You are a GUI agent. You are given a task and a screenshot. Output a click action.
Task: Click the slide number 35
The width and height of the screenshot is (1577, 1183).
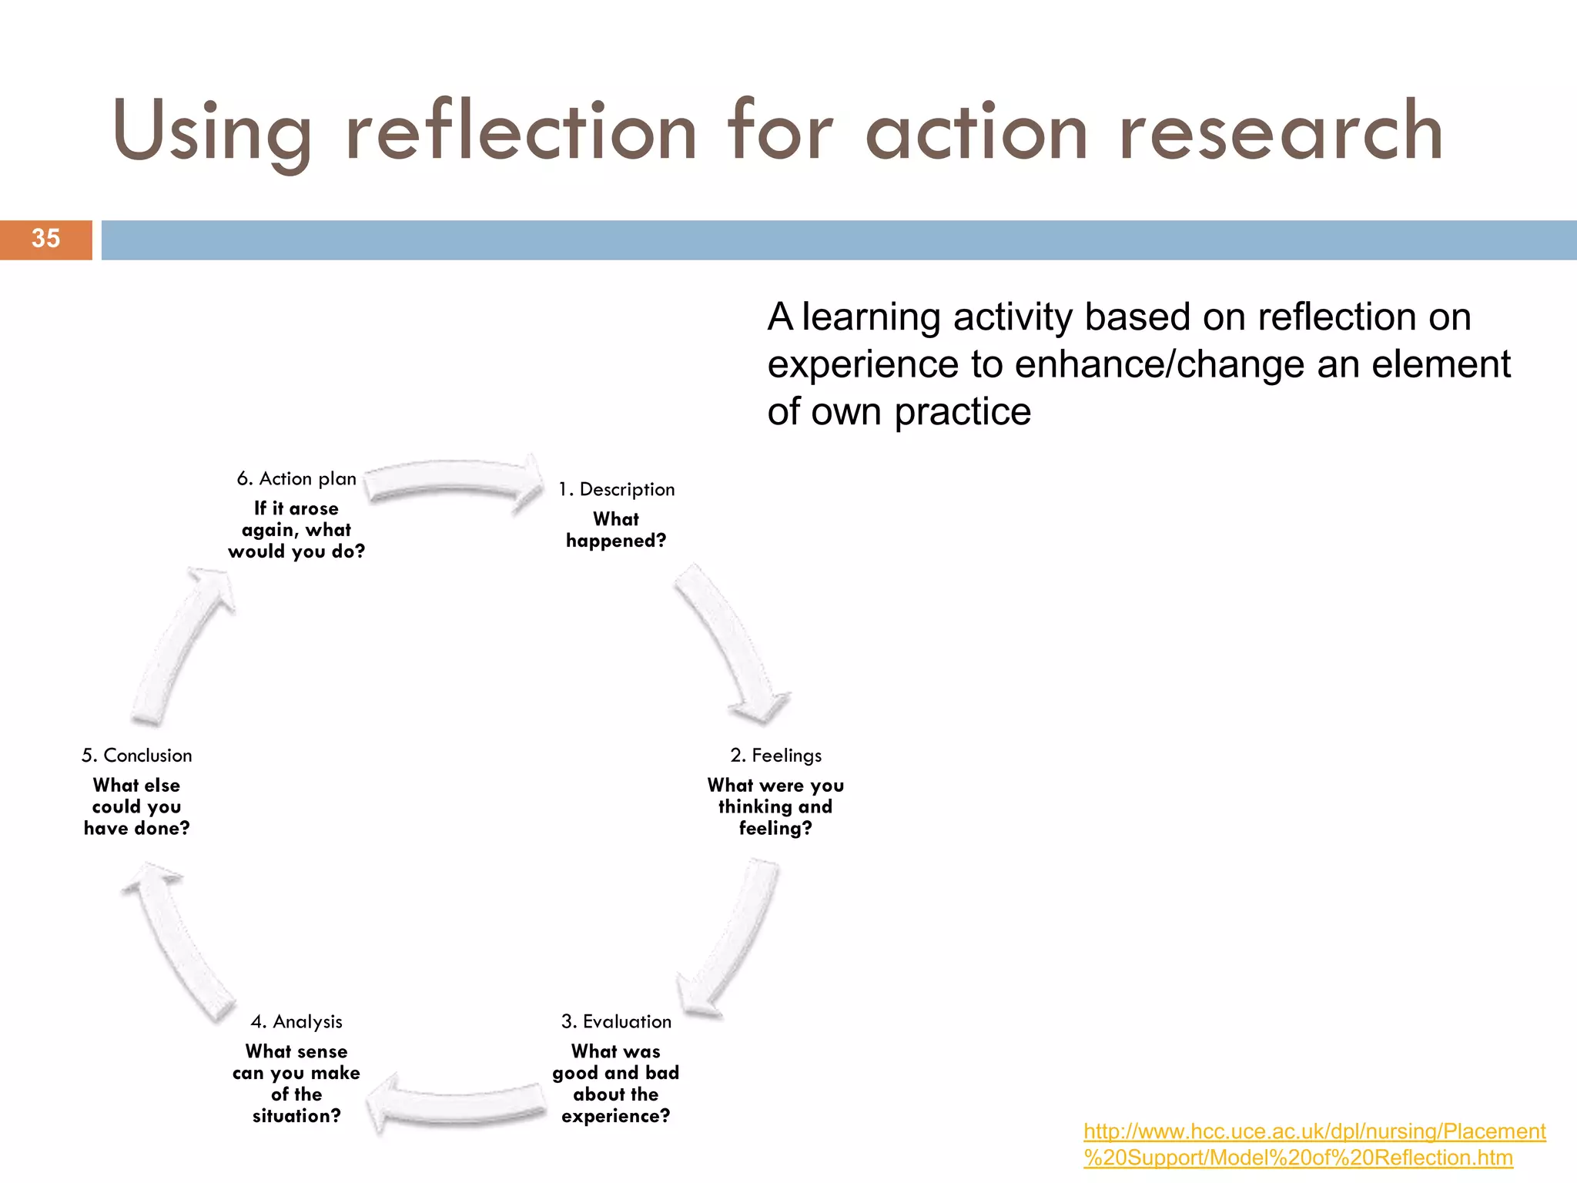tap(45, 239)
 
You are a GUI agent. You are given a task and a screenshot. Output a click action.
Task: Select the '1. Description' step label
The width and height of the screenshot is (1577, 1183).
tap(616, 490)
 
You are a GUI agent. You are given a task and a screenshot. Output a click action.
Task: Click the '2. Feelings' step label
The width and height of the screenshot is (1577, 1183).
tap(775, 756)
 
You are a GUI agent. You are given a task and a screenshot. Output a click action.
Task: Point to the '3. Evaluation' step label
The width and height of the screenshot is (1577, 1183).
tap(616, 1022)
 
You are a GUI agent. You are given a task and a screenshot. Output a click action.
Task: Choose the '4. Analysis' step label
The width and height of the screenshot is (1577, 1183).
tap(296, 1022)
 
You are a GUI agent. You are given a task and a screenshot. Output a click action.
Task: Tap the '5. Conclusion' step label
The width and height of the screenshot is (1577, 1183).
tap(137, 756)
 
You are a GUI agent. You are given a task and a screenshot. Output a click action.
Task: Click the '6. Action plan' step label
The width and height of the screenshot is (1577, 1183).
tap(296, 479)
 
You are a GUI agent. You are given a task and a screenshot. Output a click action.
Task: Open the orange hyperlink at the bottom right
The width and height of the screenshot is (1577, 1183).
tap(1314, 1144)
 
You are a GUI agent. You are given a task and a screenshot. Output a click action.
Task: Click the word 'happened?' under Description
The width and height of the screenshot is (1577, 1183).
tap(616, 541)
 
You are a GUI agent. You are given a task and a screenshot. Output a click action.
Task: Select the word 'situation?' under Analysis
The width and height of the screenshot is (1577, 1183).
tap(296, 1116)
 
